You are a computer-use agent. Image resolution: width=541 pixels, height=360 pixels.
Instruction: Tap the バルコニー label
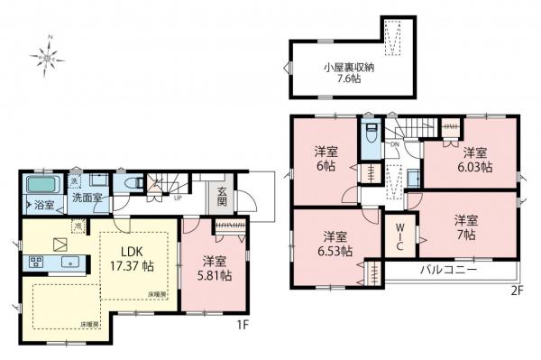[447, 270]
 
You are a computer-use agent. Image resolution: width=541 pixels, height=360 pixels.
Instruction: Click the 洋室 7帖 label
[465, 226]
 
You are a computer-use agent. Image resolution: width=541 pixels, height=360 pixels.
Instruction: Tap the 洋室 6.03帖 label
[474, 160]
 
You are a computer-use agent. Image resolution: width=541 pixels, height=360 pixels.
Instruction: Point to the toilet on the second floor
[370, 138]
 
